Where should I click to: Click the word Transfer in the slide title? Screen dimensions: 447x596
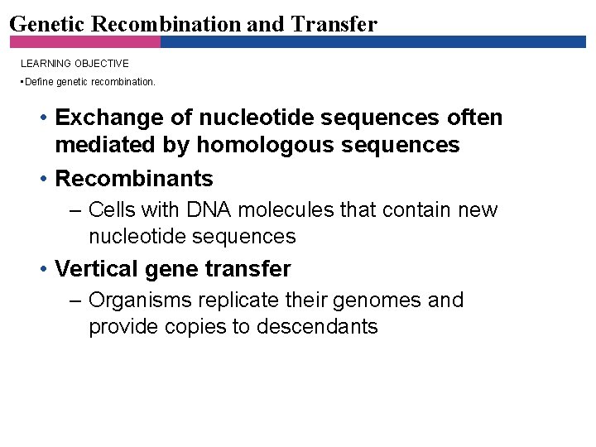[x=334, y=23]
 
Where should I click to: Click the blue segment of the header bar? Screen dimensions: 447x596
[x=372, y=41]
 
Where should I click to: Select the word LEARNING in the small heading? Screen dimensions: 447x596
[x=46, y=64]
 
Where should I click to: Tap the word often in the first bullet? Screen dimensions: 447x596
[x=475, y=118]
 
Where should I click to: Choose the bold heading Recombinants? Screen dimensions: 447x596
[x=134, y=178]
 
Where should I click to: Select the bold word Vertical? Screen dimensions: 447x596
[x=94, y=269]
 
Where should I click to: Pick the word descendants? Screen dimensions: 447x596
[x=317, y=326]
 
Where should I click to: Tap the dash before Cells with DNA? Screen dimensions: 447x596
[x=75, y=209]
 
